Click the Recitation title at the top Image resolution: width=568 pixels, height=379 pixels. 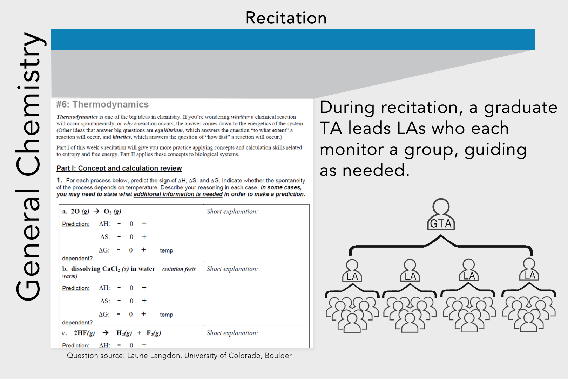[286, 18]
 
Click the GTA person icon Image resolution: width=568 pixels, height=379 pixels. [441, 215]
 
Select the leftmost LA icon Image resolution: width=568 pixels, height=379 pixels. [352, 271]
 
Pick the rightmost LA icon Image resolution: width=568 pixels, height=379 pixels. [529, 270]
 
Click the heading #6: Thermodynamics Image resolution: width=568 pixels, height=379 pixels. [102, 104]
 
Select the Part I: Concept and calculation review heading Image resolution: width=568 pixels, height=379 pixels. [119, 168]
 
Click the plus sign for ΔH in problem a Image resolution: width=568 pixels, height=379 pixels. [144, 223]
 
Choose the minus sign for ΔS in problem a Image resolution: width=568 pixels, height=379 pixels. [119, 237]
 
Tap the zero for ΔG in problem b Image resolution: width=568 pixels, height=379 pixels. [131, 315]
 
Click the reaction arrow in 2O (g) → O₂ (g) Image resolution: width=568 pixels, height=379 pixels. [96, 211]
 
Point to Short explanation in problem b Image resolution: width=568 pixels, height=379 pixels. [232, 269]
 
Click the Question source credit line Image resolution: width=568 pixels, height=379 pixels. [179, 356]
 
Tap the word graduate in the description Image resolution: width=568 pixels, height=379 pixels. [520, 108]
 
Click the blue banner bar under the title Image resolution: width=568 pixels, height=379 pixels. [293, 39]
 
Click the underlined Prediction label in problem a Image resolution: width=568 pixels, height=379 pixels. [76, 224]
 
